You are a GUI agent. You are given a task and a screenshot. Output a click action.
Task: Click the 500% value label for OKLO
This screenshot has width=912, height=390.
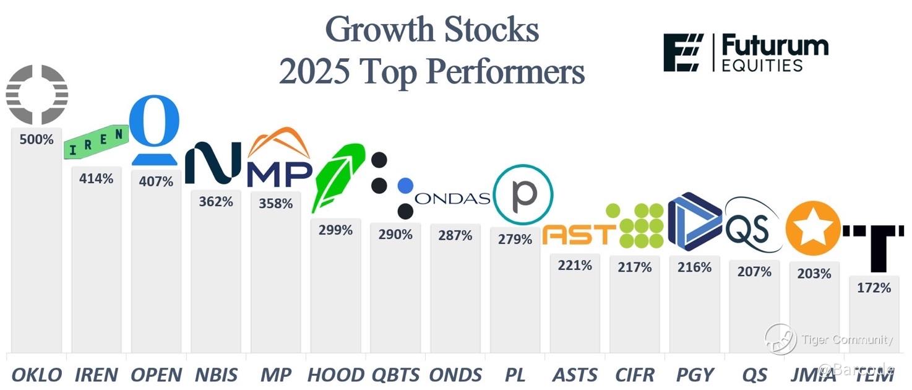(x=37, y=139)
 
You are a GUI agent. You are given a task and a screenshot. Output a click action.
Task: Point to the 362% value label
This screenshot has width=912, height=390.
(x=216, y=201)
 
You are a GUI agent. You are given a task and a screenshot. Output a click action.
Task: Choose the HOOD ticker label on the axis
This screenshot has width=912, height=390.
(x=335, y=375)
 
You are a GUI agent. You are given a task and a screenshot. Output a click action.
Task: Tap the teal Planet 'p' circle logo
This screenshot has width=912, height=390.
(x=523, y=194)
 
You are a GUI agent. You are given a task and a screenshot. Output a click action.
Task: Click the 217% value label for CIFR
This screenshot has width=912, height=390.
(x=634, y=267)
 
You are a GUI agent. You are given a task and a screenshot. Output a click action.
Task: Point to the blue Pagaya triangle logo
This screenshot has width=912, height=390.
(x=694, y=223)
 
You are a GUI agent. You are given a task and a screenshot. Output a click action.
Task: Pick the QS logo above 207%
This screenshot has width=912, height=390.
(x=749, y=228)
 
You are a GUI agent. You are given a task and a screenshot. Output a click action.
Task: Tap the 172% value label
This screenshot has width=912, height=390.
(x=874, y=287)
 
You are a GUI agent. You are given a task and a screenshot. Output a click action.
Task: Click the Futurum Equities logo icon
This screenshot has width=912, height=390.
(x=684, y=53)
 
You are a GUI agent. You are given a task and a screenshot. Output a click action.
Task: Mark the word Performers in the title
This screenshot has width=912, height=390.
(x=505, y=72)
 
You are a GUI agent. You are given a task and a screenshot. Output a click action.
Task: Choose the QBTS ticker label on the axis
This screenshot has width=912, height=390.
(x=396, y=375)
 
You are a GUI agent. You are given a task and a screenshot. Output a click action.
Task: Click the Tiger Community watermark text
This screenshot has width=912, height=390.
(x=847, y=339)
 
